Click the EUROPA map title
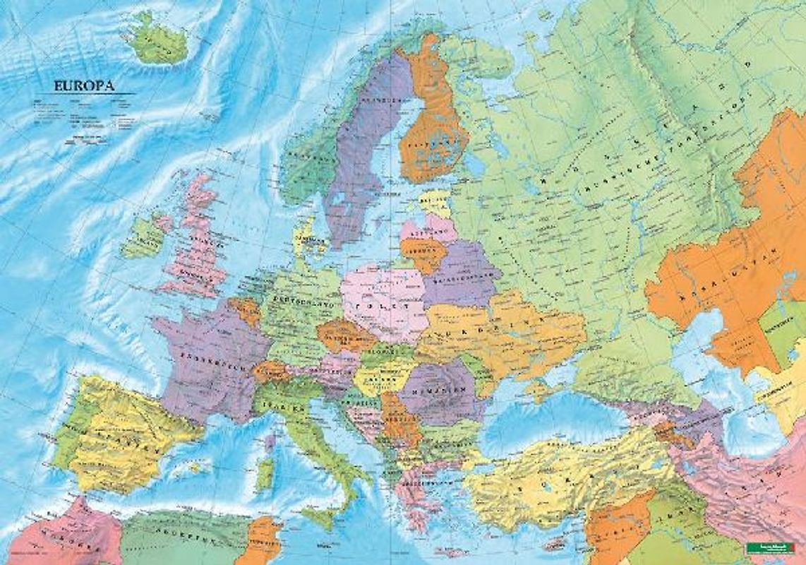pyautogui.click(x=85, y=86)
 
